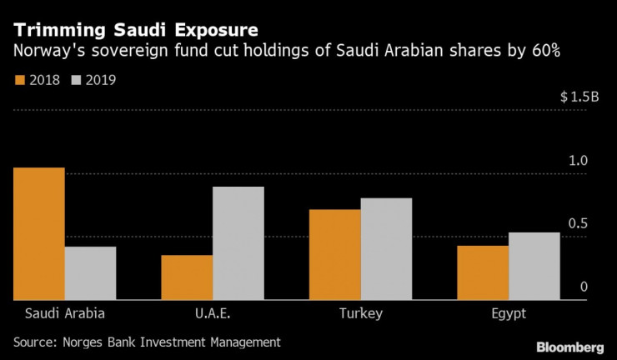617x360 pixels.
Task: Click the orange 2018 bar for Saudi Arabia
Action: click(x=38, y=233)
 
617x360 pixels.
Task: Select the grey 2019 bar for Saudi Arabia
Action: click(x=90, y=272)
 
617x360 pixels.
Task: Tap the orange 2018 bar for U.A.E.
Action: click(x=187, y=277)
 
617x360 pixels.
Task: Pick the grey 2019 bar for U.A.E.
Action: click(x=238, y=242)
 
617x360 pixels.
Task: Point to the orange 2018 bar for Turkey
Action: click(x=334, y=254)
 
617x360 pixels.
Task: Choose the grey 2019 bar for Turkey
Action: click(x=386, y=248)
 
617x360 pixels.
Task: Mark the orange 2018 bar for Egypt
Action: click(x=483, y=272)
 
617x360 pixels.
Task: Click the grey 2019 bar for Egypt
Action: click(x=534, y=265)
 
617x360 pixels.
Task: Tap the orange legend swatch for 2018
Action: click(x=19, y=81)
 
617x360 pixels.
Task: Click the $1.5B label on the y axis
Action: click(x=579, y=97)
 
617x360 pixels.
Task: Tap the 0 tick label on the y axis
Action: click(x=584, y=287)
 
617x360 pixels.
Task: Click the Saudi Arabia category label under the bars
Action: click(x=64, y=313)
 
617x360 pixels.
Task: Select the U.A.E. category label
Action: click(x=213, y=313)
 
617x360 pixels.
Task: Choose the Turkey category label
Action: click(x=360, y=313)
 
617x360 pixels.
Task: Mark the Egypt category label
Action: click(x=509, y=313)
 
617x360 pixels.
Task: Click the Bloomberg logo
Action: click(x=569, y=346)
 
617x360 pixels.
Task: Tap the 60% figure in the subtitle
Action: click(x=542, y=52)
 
